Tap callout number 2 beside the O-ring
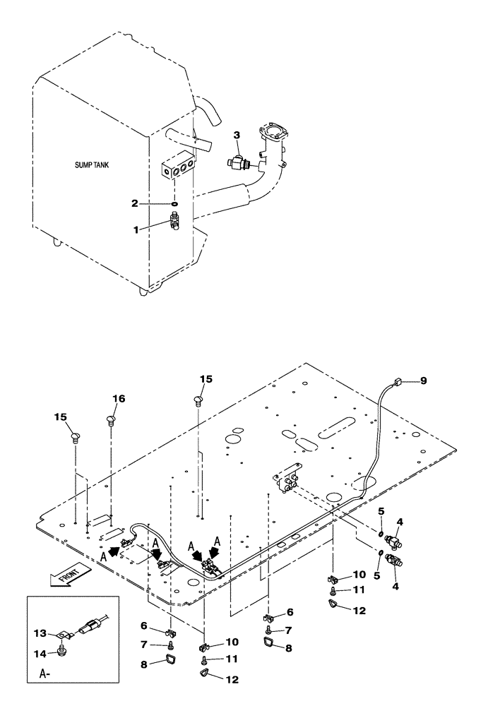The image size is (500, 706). click(237, 135)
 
